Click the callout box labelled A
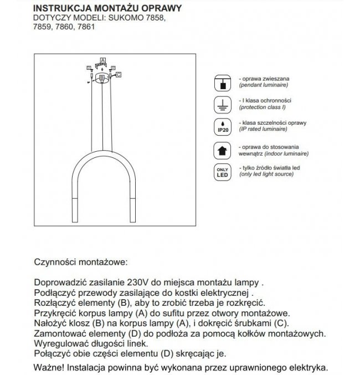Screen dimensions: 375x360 (x=102, y=59)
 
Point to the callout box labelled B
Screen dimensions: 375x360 (x=101, y=78)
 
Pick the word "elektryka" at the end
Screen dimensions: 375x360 (x=307, y=367)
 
